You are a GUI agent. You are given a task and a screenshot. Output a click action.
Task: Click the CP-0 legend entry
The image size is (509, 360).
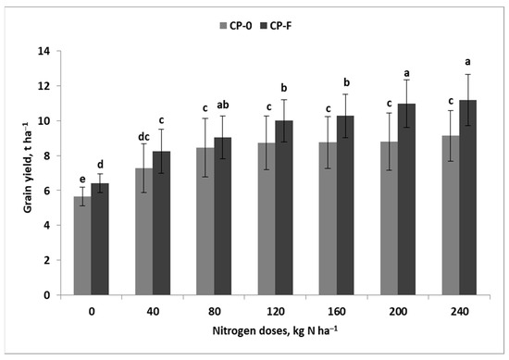(244, 25)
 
